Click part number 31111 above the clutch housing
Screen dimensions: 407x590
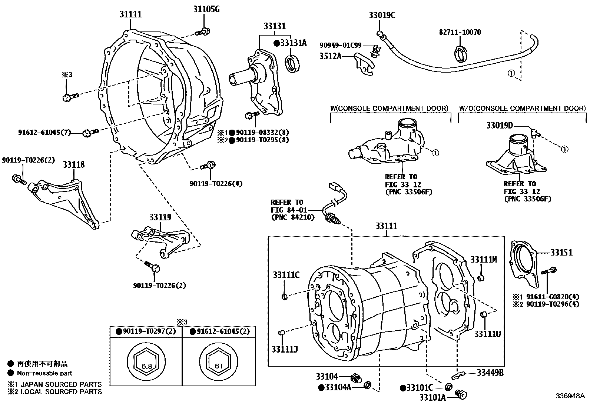point(130,14)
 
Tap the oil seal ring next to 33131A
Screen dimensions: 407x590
point(292,63)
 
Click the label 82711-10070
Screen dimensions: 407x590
point(460,32)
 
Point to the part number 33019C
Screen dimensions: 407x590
point(382,15)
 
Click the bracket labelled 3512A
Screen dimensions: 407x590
point(365,65)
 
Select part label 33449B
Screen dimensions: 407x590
point(490,373)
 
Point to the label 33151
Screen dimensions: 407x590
point(561,252)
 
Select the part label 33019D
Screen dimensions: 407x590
point(499,126)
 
